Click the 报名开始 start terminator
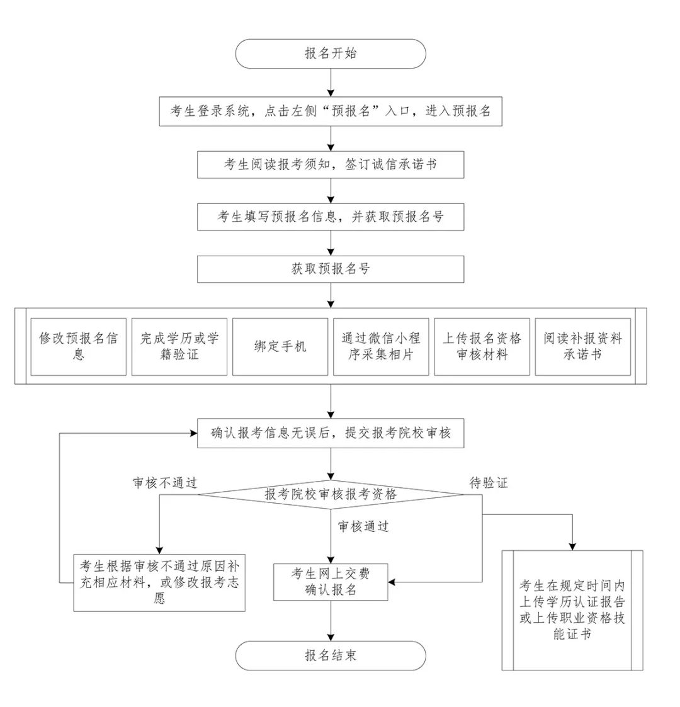point(331,54)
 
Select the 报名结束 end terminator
point(331,655)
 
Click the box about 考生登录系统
point(331,111)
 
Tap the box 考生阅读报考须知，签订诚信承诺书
point(331,164)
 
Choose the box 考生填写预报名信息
point(331,217)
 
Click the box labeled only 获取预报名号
point(331,269)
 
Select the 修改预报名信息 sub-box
point(79,346)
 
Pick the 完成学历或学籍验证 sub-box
point(179,346)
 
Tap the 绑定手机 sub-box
point(280,346)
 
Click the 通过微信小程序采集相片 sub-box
point(381,346)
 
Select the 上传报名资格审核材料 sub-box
point(482,346)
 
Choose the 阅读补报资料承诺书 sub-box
point(582,346)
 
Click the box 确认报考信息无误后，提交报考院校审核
point(331,433)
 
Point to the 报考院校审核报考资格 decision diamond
point(331,494)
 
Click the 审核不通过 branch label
point(165,483)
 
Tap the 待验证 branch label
point(489,483)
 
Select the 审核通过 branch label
point(363,526)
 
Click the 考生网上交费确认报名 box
point(331,582)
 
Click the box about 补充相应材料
point(159,582)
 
